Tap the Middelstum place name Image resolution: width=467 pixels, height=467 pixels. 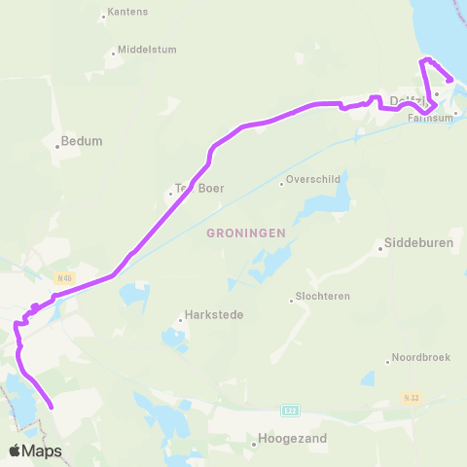click(x=147, y=50)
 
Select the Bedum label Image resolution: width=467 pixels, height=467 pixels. click(x=82, y=141)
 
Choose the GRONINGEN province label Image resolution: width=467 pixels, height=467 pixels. click(x=245, y=233)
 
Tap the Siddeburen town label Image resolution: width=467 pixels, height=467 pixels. click(x=419, y=244)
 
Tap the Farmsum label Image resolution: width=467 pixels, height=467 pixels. click(x=429, y=119)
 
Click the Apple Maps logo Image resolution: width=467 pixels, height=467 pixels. click(x=35, y=450)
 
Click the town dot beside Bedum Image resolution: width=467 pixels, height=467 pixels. click(x=58, y=147)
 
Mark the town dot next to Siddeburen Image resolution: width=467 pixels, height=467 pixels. click(x=380, y=247)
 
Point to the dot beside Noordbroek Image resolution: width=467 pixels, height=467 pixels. click(x=388, y=362)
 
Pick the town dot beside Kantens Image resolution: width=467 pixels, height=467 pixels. click(x=103, y=17)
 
